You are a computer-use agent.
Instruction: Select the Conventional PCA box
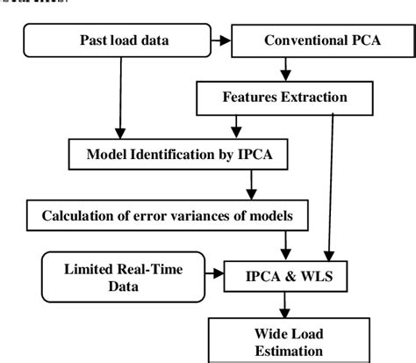click(x=312, y=41)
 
